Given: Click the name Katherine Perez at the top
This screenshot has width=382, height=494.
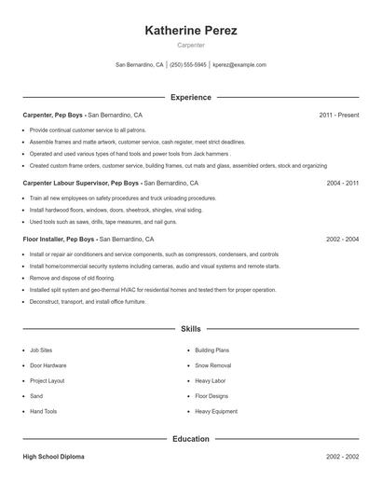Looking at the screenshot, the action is pyautogui.click(x=191, y=31).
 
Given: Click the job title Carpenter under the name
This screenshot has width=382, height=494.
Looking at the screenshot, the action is pyautogui.click(x=191, y=45).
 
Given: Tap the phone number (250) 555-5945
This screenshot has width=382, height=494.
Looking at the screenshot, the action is pyautogui.click(x=188, y=65).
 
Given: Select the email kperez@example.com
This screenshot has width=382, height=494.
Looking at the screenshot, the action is pyautogui.click(x=239, y=65).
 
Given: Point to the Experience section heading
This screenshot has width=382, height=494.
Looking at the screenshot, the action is pyautogui.click(x=191, y=97).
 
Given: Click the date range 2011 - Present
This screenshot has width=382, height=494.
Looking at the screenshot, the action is pyautogui.click(x=338, y=115).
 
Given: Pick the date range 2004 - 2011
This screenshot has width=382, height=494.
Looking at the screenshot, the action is pyautogui.click(x=342, y=184).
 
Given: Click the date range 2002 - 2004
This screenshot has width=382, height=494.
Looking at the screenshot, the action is pyautogui.click(x=342, y=240).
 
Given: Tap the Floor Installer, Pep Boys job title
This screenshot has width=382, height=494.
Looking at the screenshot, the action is pyautogui.click(x=61, y=240).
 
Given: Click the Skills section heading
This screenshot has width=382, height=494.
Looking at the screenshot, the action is pyautogui.click(x=191, y=329).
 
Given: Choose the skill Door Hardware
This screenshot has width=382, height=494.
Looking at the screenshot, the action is pyautogui.click(x=48, y=365).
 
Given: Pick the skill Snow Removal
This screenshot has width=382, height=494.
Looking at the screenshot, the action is pyautogui.click(x=213, y=365).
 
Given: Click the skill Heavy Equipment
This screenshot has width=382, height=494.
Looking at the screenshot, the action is pyautogui.click(x=215, y=411).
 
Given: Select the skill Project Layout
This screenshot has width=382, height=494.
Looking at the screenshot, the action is pyautogui.click(x=48, y=380).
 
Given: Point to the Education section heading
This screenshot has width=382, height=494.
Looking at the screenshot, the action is pyautogui.click(x=191, y=438).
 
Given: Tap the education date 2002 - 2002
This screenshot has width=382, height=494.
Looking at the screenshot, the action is pyautogui.click(x=342, y=458).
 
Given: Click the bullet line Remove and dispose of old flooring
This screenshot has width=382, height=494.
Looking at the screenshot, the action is pyautogui.click(x=72, y=278).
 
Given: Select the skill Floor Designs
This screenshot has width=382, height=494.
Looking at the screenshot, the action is pyautogui.click(x=212, y=396).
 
